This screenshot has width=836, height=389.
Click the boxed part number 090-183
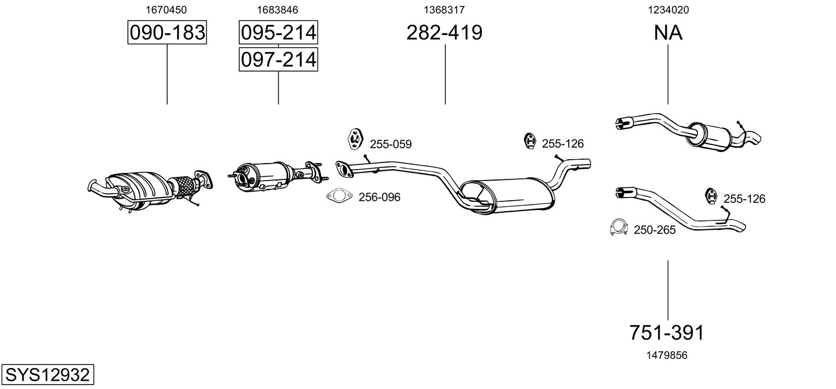[167, 33]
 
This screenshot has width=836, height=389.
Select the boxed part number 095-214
[278, 33]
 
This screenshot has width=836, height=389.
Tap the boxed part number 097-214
[278, 59]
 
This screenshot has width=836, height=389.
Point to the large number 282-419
[444, 33]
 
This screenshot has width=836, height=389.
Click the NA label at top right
[668, 33]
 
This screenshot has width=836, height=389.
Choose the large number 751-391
[667, 332]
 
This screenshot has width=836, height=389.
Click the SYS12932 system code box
[47, 375]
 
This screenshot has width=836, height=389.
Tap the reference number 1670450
[167, 9]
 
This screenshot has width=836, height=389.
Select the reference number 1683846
[278, 9]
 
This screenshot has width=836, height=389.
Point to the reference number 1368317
[444, 9]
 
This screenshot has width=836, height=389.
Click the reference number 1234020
[668, 9]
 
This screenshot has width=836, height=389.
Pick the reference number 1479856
[667, 355]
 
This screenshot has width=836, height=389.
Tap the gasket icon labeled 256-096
[339, 196]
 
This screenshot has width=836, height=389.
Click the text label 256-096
[379, 197]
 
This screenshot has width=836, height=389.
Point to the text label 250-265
[655, 230]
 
